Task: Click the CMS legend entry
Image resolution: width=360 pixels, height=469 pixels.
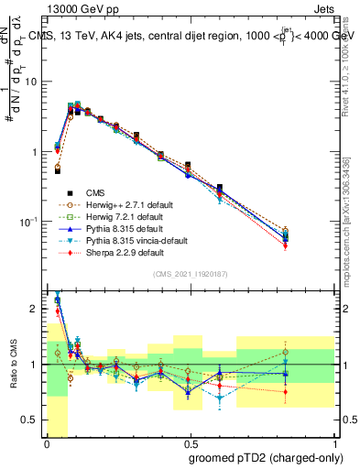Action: tap(94, 193)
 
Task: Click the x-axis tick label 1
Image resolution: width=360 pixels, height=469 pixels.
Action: tap(335, 444)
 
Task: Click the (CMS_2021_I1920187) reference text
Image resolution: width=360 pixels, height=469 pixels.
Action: tap(191, 274)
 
